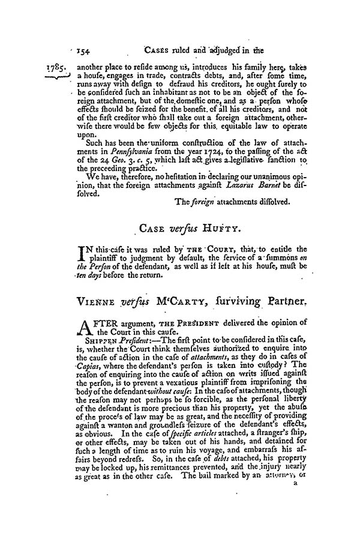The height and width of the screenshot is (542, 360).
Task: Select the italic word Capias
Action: pos(79,382)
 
